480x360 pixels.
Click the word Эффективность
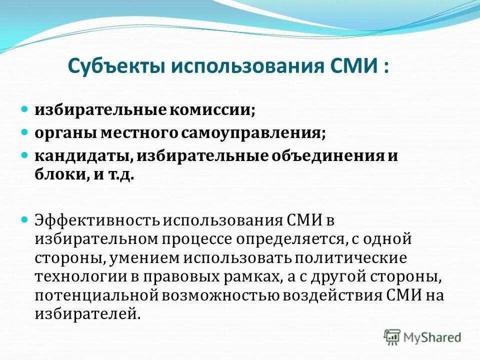click(x=96, y=219)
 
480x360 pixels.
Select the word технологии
click(x=74, y=276)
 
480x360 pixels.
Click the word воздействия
click(x=333, y=294)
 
